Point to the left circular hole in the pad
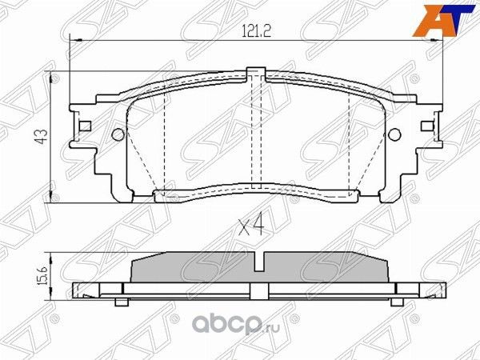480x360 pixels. pyautogui.click(x=117, y=135)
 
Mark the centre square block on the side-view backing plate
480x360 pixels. pyautogui.click(x=255, y=289)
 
